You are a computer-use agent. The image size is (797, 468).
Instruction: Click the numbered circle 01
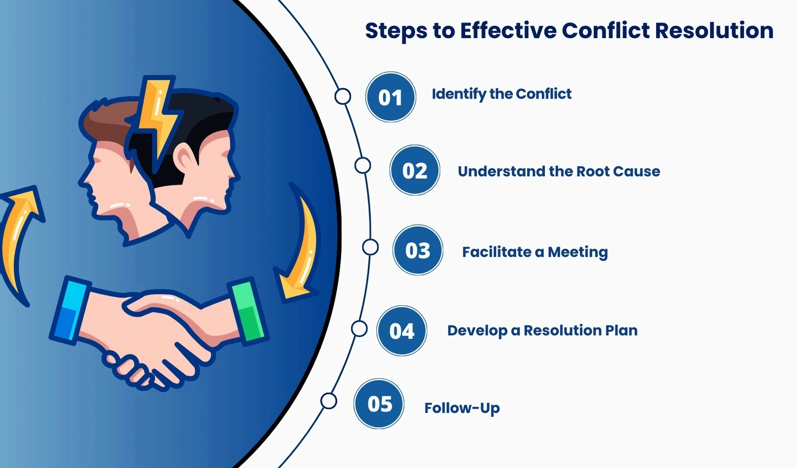[391, 97]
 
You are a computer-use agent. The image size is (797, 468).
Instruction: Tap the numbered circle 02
[415, 170]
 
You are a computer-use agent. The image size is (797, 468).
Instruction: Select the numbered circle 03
[418, 250]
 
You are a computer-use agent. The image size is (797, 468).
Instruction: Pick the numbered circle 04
[401, 331]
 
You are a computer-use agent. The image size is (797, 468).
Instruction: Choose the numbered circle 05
[379, 404]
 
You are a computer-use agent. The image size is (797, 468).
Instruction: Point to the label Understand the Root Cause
[559, 171]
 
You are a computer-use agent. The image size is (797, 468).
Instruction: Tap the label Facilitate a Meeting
[535, 252]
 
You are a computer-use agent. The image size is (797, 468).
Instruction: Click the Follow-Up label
[462, 408]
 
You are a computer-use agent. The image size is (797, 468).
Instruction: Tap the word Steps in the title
[396, 31]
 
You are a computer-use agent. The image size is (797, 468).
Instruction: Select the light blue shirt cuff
[70, 310]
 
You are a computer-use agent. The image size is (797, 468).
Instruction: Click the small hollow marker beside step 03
[370, 247]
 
